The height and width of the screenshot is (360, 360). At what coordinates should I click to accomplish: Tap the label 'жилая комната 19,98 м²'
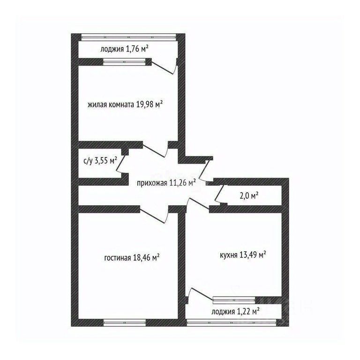point(125,105)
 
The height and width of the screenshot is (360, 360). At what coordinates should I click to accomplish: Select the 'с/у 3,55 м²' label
point(100,160)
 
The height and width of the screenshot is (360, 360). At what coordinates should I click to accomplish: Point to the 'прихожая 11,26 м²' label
point(166,183)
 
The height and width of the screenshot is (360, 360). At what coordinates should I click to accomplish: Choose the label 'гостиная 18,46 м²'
point(132,257)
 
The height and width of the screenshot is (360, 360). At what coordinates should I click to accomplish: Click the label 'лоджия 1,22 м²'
point(236,311)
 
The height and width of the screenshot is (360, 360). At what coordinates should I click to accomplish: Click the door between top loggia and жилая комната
point(164,67)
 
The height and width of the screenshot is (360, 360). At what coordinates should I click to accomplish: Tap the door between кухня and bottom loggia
point(199,294)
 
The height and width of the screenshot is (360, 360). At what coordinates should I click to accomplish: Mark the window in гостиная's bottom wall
point(124,322)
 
